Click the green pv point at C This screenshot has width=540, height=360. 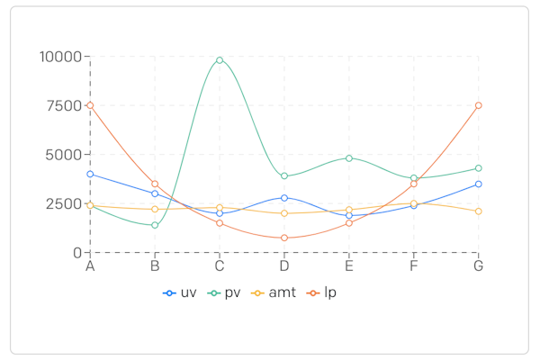coord(220,60)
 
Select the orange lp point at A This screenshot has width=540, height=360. coord(90,105)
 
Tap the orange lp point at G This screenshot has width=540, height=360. coord(478,105)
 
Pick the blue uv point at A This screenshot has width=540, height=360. coord(90,174)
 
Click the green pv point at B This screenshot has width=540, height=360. coord(155,225)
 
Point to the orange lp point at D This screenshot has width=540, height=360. coord(284,238)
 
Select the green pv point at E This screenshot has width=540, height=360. coord(349,158)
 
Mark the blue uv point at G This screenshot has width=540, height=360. coord(478,184)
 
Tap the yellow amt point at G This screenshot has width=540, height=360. coord(478,211)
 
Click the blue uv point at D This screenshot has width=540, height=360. coord(284,198)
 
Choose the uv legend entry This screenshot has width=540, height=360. coord(181,292)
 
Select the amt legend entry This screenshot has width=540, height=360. coord(274,292)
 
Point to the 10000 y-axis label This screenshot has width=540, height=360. coord(61,57)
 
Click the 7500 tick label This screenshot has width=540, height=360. coord(65,105)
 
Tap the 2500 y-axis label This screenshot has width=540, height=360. coord(65,203)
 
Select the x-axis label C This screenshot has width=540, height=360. coord(220,266)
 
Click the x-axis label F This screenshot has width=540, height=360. coord(414,266)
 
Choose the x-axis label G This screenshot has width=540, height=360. coord(478,266)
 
